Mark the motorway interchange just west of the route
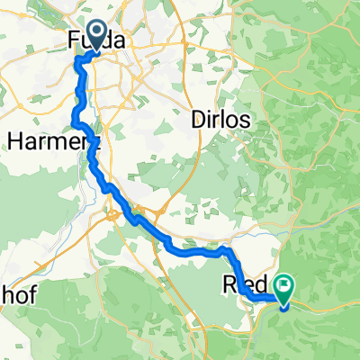pos(114,214)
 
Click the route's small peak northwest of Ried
pos(221,247)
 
